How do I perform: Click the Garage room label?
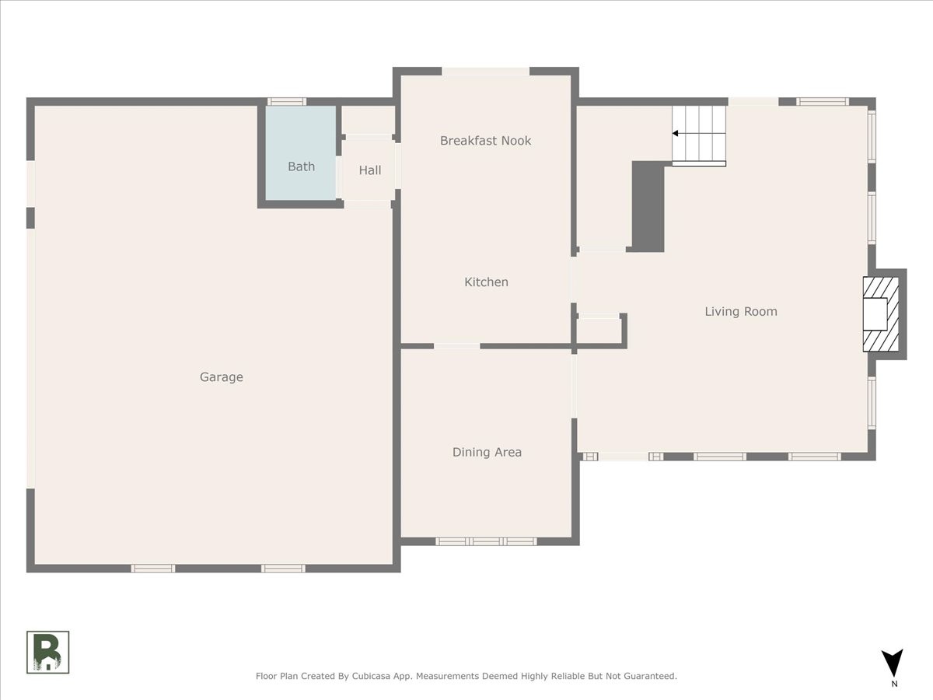point(222,377)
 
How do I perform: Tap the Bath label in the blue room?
point(302,166)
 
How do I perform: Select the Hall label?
point(370,170)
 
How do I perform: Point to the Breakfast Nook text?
point(485,141)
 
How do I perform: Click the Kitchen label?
point(486,282)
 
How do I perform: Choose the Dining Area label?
point(487,452)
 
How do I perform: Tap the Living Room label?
point(741,312)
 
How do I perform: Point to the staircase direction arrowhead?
point(675,134)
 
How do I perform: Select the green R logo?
point(47,653)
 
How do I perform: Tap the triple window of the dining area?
point(486,541)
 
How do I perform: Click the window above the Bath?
point(286,102)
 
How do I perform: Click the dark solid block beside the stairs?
point(648,207)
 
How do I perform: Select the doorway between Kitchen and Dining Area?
point(457,346)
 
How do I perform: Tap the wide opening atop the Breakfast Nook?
point(486,72)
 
